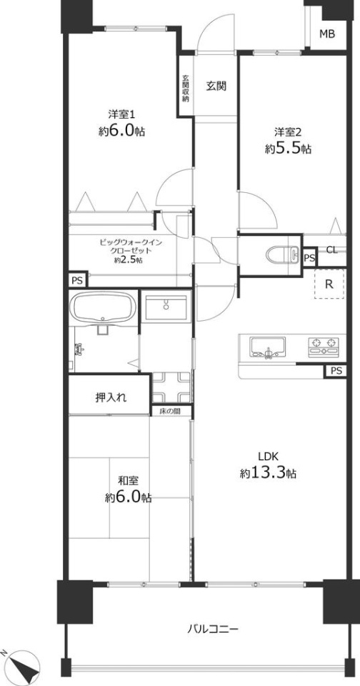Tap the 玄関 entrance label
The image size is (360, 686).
coord(216,86)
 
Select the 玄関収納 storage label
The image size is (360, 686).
coord(186,89)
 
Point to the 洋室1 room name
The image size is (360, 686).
coord(121,114)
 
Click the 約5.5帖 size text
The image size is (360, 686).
coord(288,149)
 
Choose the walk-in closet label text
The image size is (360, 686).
coord(125,251)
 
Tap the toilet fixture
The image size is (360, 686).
coord(281,254)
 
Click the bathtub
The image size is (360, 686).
coord(104,307)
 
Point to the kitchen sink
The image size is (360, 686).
coord(267,347)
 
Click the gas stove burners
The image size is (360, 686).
coord(324,346)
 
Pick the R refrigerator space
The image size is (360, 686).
coord(329,284)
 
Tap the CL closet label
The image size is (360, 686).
coord(332,250)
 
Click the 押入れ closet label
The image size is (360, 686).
coord(111,398)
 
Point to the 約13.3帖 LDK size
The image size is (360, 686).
coord(268,472)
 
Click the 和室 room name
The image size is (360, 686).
coord(128,481)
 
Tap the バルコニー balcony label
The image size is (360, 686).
coord(213,630)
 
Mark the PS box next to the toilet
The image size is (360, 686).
coord(309,257)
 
